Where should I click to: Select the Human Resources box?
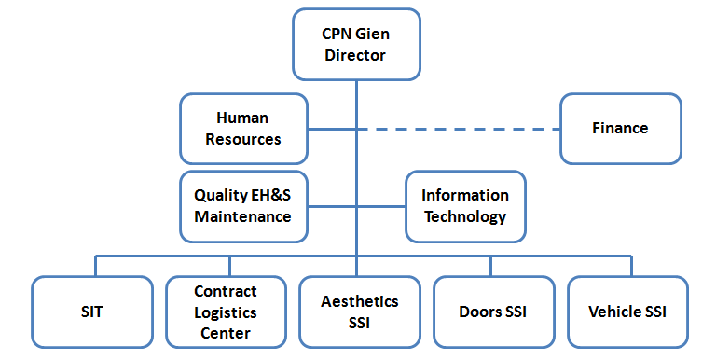pos(242,128)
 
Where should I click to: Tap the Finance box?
pos(620,128)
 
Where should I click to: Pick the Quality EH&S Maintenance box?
pos(242,206)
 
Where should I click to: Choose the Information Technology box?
pos(465,206)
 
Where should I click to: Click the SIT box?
pos(91,312)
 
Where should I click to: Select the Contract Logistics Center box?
pos(225,312)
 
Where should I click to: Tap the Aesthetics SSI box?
pos(359,312)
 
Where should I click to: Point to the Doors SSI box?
pos(493,312)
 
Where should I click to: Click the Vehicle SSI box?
pos(627,312)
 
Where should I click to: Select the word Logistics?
pos(225,312)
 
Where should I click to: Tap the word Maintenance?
pos(242,217)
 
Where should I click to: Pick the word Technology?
pos(465,217)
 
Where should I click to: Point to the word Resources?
pos(242,139)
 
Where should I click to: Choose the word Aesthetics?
pos(359,301)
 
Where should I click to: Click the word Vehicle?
pos(615,312)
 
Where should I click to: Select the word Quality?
pos(220,196)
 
